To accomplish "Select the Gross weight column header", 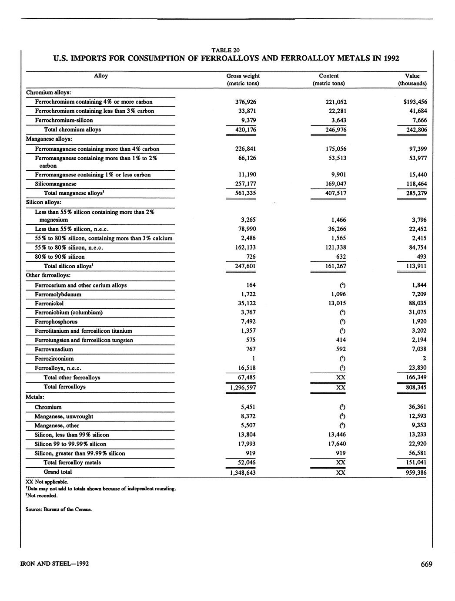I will pyautogui.click(x=243, y=79).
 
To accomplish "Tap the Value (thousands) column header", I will pyautogui.click(x=412, y=79).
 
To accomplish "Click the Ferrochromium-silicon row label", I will pyautogui.click(x=64, y=120).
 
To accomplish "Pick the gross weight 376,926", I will pyautogui.click(x=243, y=102).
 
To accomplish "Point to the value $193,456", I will pyautogui.click(x=415, y=102).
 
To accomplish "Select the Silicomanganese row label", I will pyautogui.click(x=56, y=184).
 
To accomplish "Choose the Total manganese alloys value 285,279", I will pyautogui.click(x=415, y=193).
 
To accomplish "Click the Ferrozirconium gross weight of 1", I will pyautogui.click(x=254, y=358).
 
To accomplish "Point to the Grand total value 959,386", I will pyautogui.click(x=415, y=472).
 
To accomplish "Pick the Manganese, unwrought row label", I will pyautogui.click(x=64, y=416).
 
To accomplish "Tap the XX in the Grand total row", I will pyautogui.click(x=341, y=472).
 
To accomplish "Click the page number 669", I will pyautogui.click(x=426, y=564).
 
